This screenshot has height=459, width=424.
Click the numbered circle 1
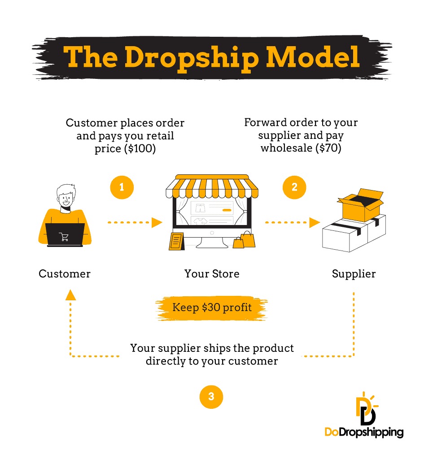122,187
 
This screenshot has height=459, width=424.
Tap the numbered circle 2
294,187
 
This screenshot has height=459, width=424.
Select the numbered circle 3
211,396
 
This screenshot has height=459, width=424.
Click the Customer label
65,273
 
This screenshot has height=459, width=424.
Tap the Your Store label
212,273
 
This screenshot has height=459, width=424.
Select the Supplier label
354,273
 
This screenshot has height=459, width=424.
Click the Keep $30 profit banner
212,308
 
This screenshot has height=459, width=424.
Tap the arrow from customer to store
135,222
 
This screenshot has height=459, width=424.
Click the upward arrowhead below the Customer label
70,294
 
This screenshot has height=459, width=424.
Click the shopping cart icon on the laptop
64,237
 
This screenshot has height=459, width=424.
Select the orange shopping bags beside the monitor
244,240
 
